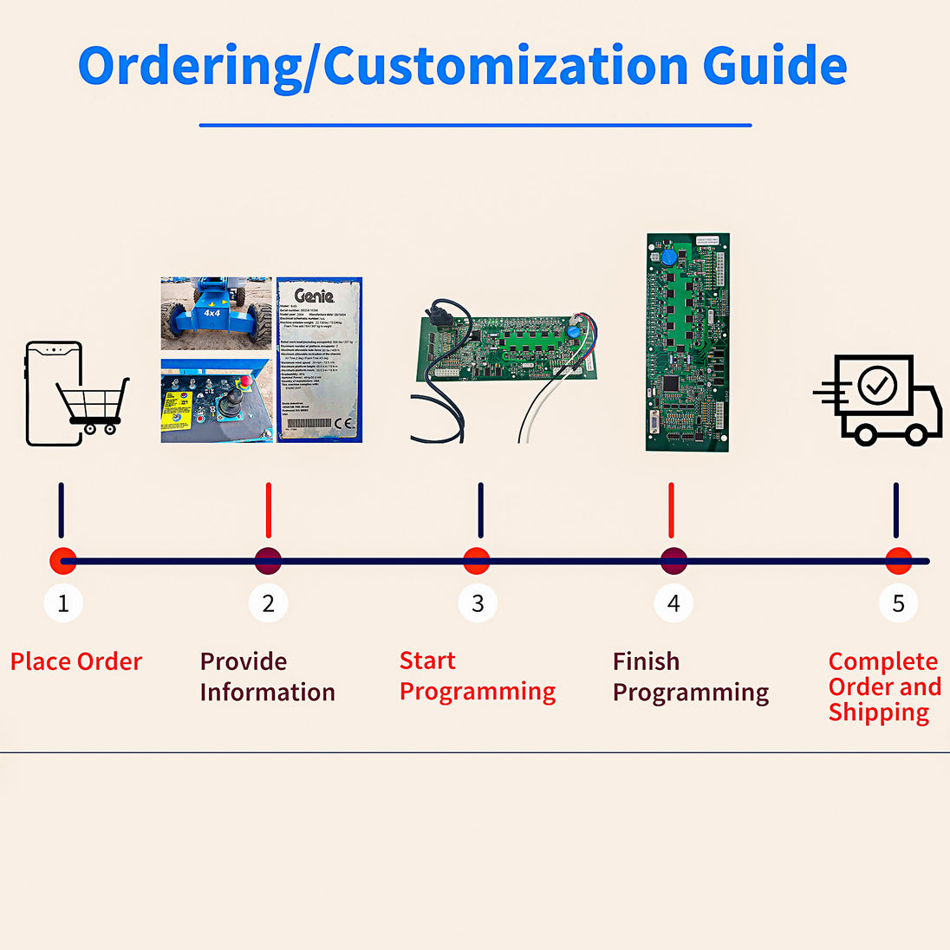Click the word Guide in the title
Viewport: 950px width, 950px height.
coord(774,66)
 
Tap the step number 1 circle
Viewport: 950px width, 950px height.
coord(63,603)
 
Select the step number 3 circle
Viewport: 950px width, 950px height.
coord(478,603)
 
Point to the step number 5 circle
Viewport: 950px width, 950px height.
coord(898,603)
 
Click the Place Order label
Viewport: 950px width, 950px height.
coord(76,662)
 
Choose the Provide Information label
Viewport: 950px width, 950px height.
coord(267,677)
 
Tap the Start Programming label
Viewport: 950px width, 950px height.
coord(477,676)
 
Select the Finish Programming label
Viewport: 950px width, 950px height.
coord(690,677)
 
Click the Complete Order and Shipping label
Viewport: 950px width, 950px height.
coord(884,686)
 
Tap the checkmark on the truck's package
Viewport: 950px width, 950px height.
coord(877,384)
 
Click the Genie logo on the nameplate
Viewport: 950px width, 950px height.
coord(314,296)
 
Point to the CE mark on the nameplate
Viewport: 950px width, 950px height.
coord(344,425)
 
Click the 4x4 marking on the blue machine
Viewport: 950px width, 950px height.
coord(211,313)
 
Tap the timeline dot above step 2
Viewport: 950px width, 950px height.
coord(269,561)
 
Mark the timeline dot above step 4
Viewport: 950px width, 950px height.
coord(673,561)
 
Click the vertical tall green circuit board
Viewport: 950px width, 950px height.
coord(687,342)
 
